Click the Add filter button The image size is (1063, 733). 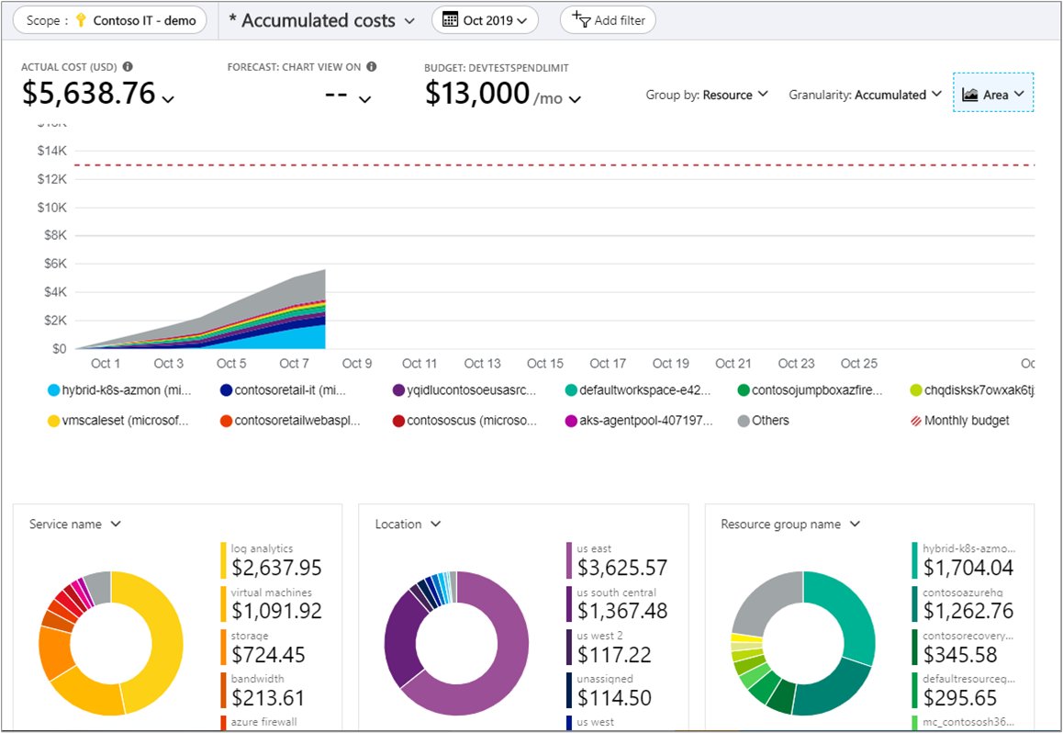pyautogui.click(x=608, y=20)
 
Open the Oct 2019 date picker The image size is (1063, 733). pyautogui.click(x=485, y=20)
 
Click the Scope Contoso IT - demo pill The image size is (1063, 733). pyautogui.click(x=111, y=20)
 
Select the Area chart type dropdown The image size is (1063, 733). pyautogui.click(x=994, y=94)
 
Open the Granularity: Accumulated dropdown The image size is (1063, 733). pyautogui.click(x=865, y=95)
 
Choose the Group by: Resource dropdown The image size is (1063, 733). pyautogui.click(x=707, y=95)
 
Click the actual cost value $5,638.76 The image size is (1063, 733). pyautogui.click(x=89, y=94)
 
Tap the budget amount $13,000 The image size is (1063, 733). pyautogui.click(x=477, y=94)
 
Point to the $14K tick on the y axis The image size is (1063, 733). pyautogui.click(x=52, y=151)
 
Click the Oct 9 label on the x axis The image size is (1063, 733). pyautogui.click(x=357, y=364)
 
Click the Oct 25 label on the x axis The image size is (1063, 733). pyautogui.click(x=858, y=364)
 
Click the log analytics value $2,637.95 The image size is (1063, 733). pyautogui.click(x=276, y=569)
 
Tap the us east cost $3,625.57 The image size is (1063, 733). pyautogui.click(x=622, y=569)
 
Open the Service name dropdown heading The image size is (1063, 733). pyautogui.click(x=75, y=524)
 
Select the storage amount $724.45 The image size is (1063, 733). pyautogui.click(x=268, y=655)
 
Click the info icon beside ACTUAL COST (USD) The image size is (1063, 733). pyautogui.click(x=128, y=66)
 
